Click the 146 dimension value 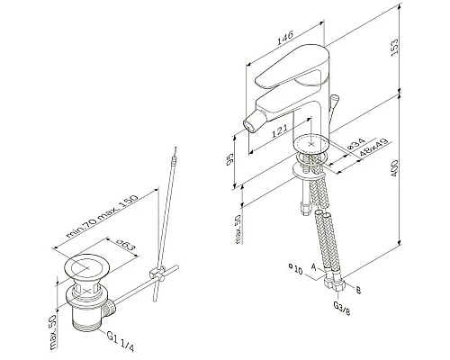(284, 38)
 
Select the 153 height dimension (395, 46)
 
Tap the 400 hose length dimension (394, 168)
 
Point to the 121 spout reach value (279, 130)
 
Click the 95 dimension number (230, 159)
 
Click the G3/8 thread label (342, 308)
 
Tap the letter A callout (314, 266)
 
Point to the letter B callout (358, 290)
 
